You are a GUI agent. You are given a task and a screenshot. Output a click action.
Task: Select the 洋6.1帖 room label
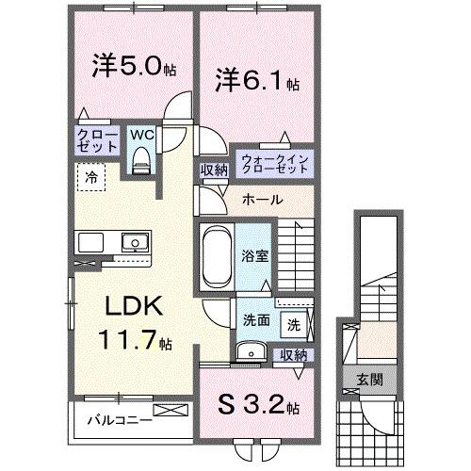point(254,79)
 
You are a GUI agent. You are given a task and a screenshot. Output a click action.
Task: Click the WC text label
point(141,135)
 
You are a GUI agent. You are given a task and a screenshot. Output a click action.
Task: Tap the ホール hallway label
point(261,200)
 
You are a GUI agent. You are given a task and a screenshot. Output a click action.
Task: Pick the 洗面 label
point(255,318)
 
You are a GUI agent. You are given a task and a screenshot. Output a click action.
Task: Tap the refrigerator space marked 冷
point(93,175)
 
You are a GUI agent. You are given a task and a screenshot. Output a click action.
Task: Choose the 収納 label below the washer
point(294,354)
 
